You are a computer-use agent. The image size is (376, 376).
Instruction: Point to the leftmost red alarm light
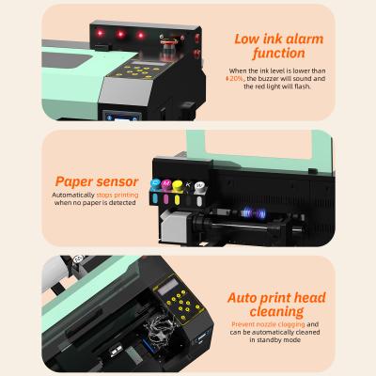click(99, 35)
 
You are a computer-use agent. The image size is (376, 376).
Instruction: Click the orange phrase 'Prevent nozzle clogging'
click(272, 324)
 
